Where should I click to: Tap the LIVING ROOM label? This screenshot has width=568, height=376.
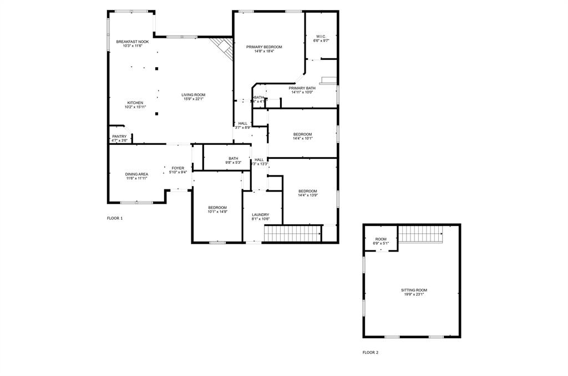(x=194, y=95)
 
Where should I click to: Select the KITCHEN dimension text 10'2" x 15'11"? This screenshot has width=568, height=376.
(x=135, y=107)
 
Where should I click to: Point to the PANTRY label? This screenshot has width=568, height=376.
(x=119, y=137)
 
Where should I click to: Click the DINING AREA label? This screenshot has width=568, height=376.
(x=136, y=174)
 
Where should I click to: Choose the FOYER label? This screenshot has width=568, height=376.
(x=177, y=168)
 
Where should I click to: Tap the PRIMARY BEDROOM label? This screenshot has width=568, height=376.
(x=264, y=47)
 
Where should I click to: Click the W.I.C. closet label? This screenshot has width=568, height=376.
(x=321, y=37)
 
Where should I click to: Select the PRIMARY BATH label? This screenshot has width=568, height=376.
(x=302, y=88)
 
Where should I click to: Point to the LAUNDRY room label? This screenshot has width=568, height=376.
(x=260, y=215)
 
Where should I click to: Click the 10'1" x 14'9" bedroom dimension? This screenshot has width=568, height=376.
(x=217, y=212)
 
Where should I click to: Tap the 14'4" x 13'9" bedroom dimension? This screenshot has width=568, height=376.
(x=308, y=195)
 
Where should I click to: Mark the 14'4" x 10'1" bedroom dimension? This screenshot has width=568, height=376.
(x=302, y=138)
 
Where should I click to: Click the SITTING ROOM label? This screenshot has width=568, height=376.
(x=414, y=290)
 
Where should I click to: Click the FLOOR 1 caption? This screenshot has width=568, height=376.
(x=115, y=218)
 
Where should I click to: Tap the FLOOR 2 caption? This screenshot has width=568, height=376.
(x=371, y=352)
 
